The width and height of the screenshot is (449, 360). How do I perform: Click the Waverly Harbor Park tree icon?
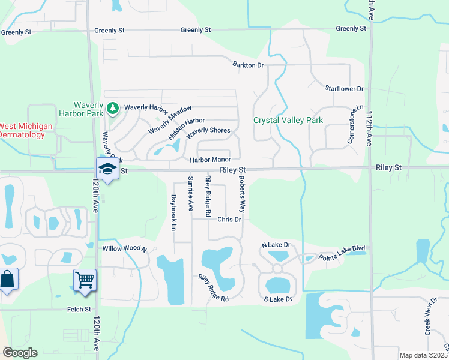(112, 108)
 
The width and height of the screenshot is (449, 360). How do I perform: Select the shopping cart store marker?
(85, 280)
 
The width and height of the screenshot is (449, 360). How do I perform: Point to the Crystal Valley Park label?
(288, 120)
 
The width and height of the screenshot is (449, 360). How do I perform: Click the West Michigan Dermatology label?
(25, 130)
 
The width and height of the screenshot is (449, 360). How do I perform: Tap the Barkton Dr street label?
(248, 65)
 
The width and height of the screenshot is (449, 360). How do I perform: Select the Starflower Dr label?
(344, 89)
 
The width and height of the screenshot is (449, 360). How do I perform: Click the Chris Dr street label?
(229, 220)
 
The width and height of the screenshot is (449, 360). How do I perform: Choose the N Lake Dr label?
(276, 245)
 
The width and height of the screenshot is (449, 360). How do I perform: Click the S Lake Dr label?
(277, 299)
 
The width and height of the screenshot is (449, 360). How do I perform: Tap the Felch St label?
(79, 310)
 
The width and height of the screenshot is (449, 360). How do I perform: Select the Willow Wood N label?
(124, 248)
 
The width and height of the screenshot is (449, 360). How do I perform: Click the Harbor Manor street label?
(210, 160)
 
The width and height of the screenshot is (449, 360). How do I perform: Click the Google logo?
(20, 353)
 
